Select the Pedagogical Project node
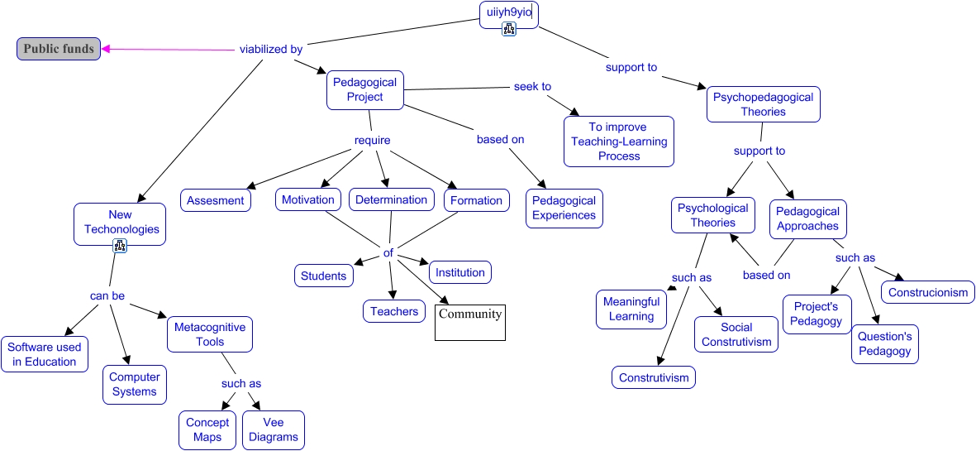[x=364, y=89]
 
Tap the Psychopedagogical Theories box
[x=763, y=104]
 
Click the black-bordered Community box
[x=470, y=323]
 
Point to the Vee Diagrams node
[x=274, y=429]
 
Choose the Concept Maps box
[x=207, y=429]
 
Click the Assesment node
[x=216, y=200]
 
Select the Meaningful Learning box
[x=631, y=309]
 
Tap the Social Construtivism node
[x=736, y=334]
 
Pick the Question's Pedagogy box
[x=884, y=343]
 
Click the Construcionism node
[x=928, y=292]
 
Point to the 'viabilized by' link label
[x=271, y=49]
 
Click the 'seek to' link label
[x=532, y=86]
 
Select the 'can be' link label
[x=107, y=295]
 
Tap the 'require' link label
[x=372, y=141]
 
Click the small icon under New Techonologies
[x=120, y=245]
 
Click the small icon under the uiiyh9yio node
[x=509, y=30]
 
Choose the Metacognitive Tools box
[x=210, y=334]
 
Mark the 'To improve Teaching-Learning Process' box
[x=619, y=142]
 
